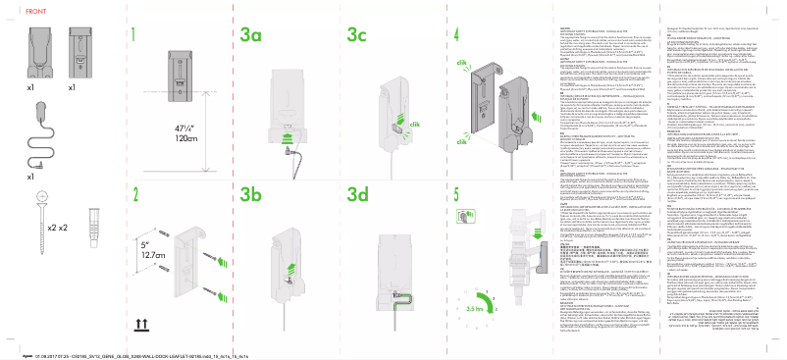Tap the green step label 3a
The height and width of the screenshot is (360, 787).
click(250, 35)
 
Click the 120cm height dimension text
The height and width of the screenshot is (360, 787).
click(159, 139)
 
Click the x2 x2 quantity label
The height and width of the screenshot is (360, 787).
click(57, 228)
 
